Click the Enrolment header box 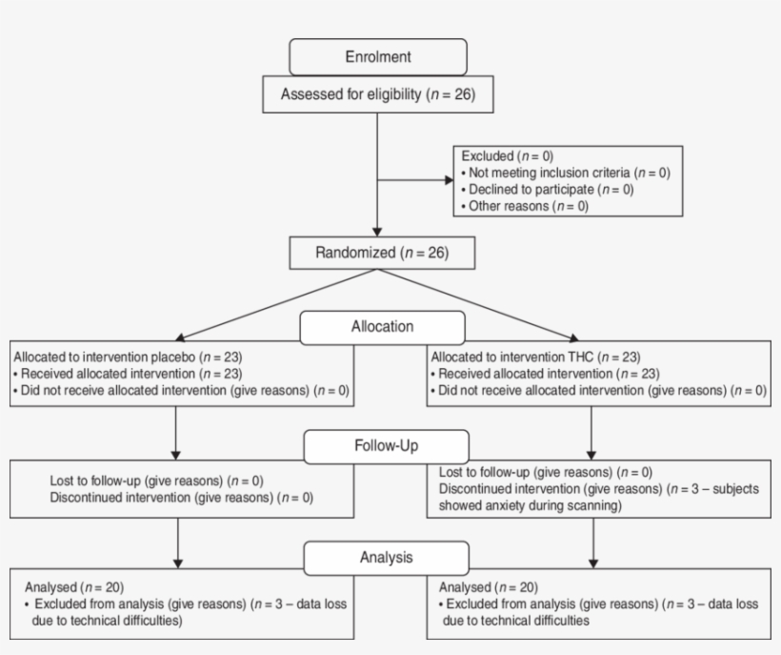[378, 57]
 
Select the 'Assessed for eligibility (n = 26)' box [378, 94]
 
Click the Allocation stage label [382, 326]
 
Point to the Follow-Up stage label [386, 445]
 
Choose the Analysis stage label [386, 557]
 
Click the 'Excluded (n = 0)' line [508, 155]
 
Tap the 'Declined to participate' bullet [547, 189]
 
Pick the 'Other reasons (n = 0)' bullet [525, 205]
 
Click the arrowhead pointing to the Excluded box [449, 178]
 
